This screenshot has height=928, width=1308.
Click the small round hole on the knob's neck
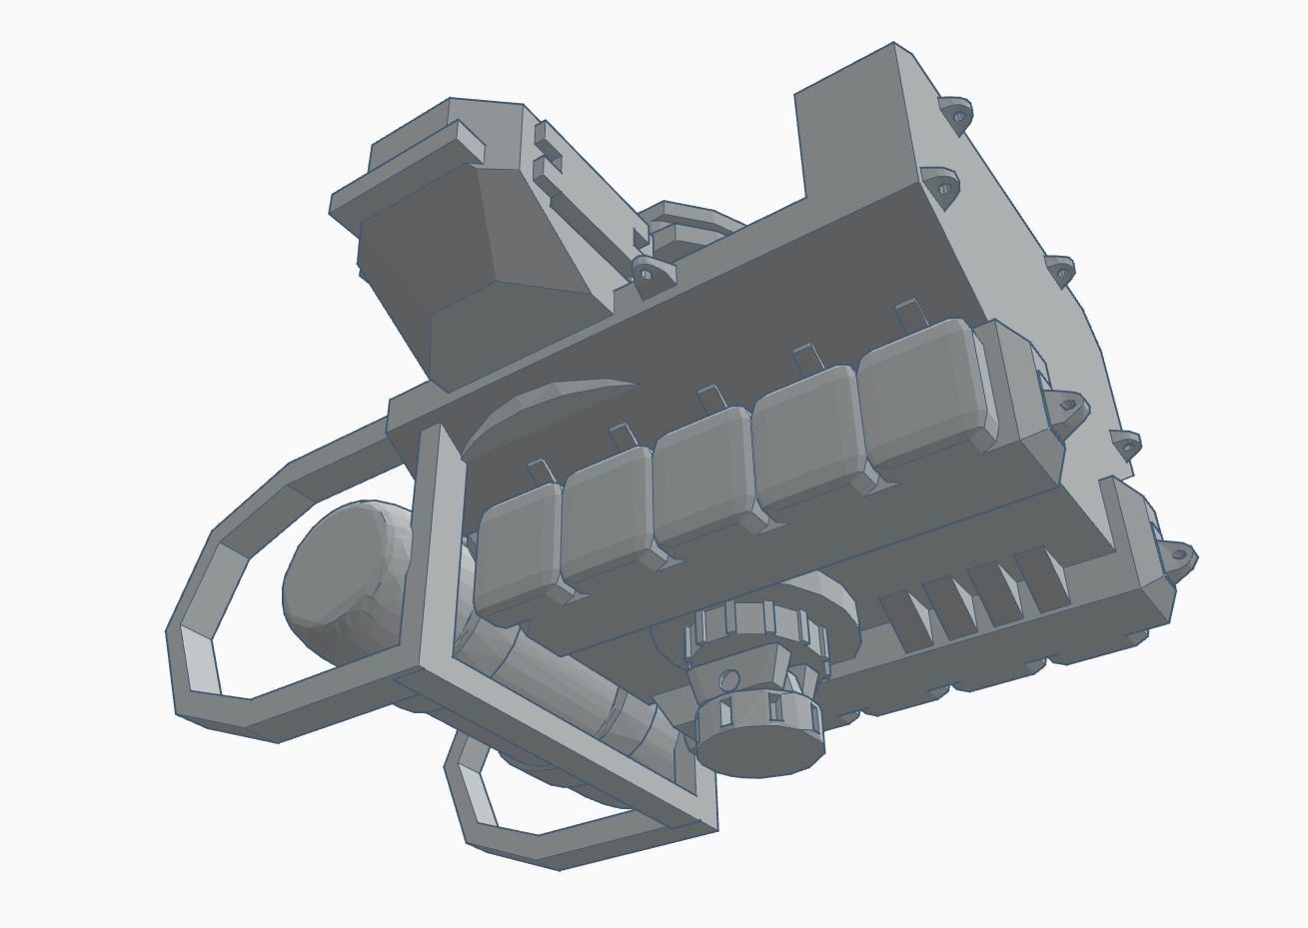(x=729, y=679)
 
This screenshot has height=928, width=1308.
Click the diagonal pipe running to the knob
(x=560, y=679)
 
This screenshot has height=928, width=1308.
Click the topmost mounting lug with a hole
(x=956, y=113)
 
